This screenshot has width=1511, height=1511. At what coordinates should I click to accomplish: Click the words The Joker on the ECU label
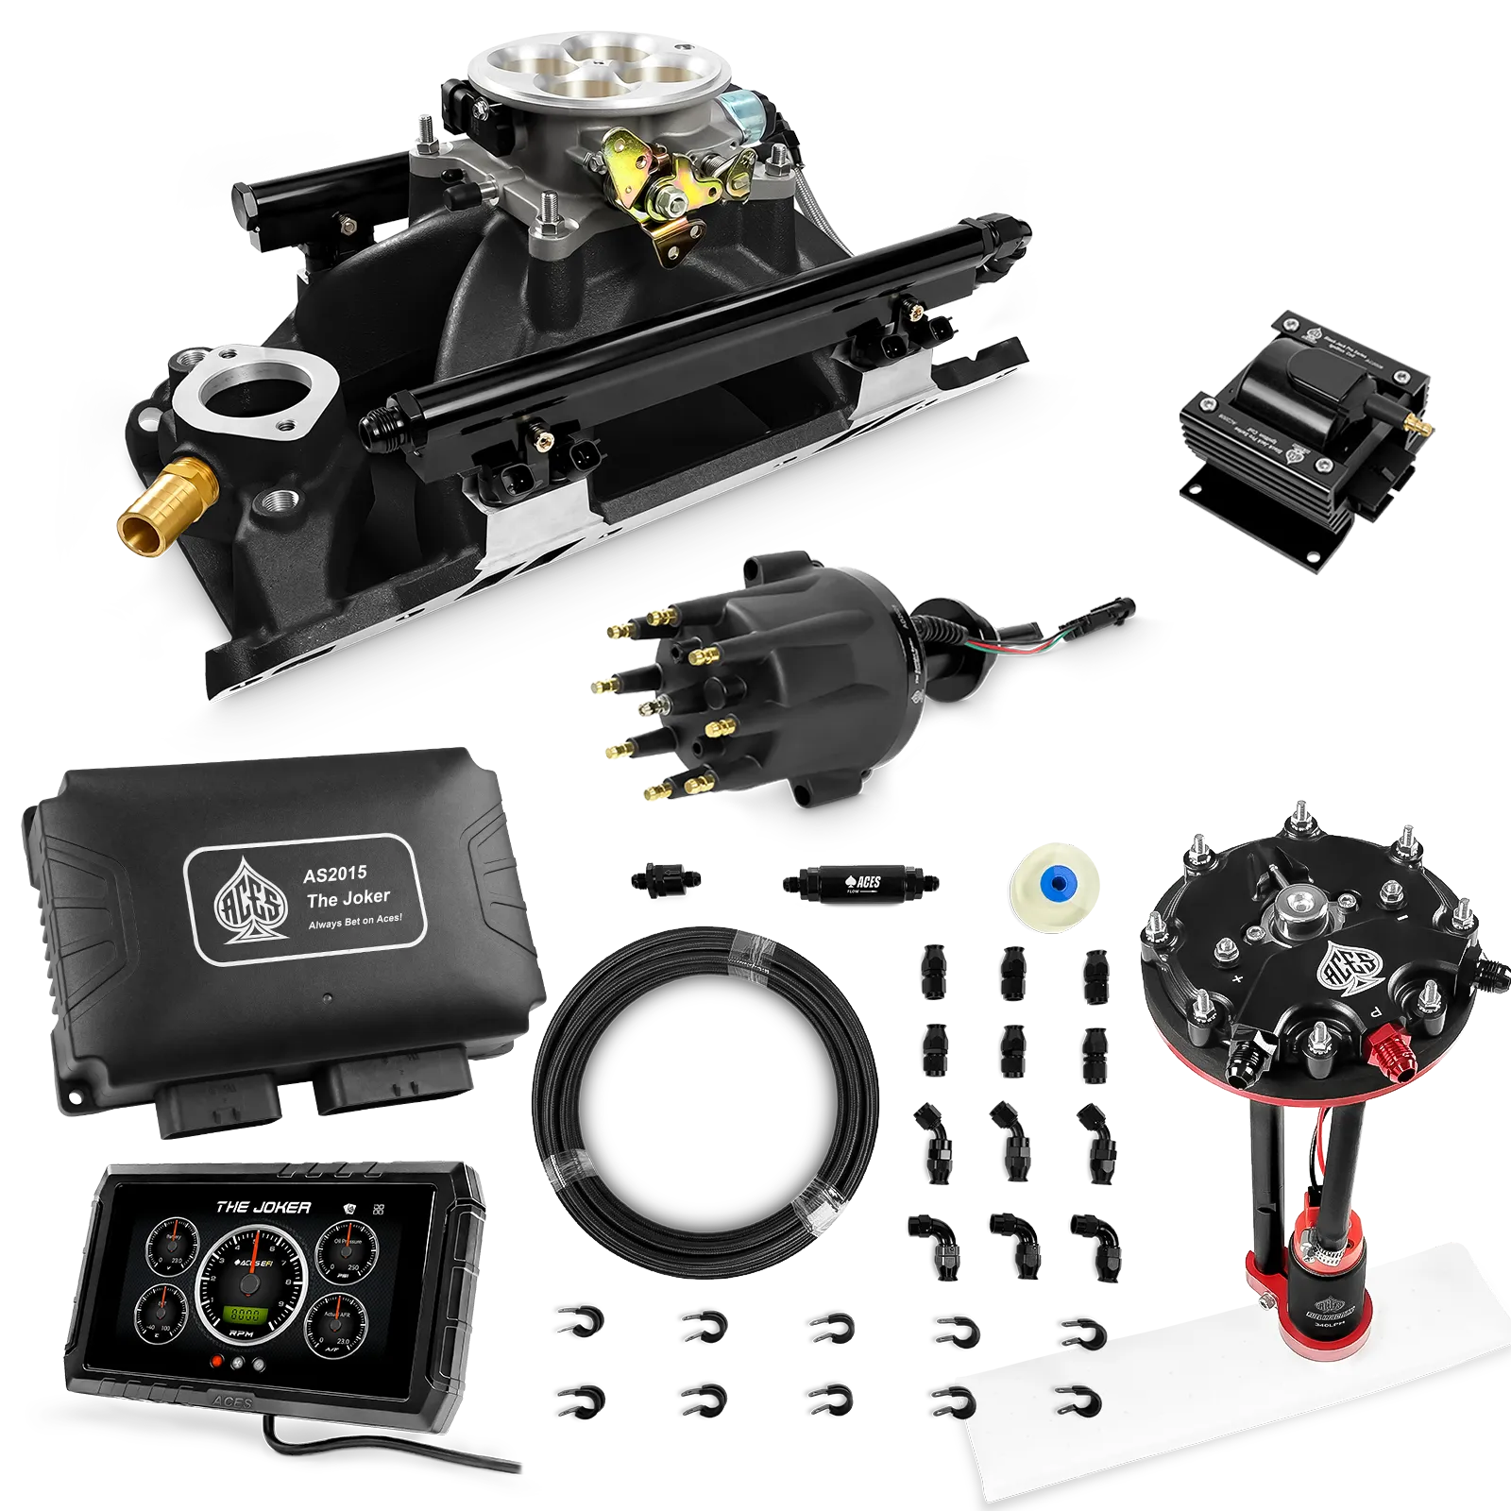[348, 897]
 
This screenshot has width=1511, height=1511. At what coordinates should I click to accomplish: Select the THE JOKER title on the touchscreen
[263, 1207]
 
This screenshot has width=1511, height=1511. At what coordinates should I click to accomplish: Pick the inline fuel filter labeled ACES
[859, 882]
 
